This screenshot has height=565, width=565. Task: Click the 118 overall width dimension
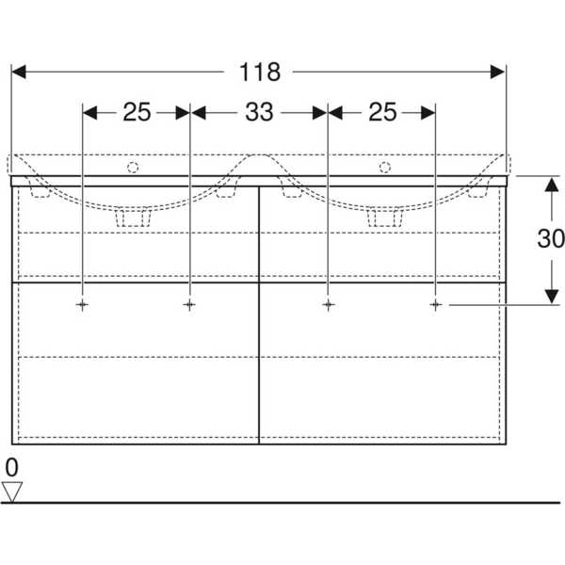coord(260,73)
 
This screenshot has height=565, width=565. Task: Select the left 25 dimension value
coord(137,112)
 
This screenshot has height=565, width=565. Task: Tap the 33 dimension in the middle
coord(259,112)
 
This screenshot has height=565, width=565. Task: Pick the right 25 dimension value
coord(382,112)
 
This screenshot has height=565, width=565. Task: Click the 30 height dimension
coord(551,238)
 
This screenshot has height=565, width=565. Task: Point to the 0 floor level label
coord(11,468)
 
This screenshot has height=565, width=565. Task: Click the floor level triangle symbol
coord(12,492)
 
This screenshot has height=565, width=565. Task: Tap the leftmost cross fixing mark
coord(82,305)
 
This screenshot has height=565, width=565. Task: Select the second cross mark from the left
coord(189,305)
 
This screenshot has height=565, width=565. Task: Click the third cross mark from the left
coord(328,305)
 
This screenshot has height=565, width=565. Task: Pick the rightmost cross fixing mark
coord(436,305)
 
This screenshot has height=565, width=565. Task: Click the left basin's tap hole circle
coord(133,168)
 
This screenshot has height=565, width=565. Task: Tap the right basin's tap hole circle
coord(385,168)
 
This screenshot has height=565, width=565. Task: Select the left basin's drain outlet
coord(133,218)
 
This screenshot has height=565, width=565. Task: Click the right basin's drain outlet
coord(385,218)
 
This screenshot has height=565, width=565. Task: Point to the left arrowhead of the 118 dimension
coord(19,72)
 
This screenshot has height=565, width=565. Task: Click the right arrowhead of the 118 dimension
coord(497,72)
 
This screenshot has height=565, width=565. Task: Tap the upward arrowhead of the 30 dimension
coord(552,184)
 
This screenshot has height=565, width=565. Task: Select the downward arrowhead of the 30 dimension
coord(552,297)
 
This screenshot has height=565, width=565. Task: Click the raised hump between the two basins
coord(258,162)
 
